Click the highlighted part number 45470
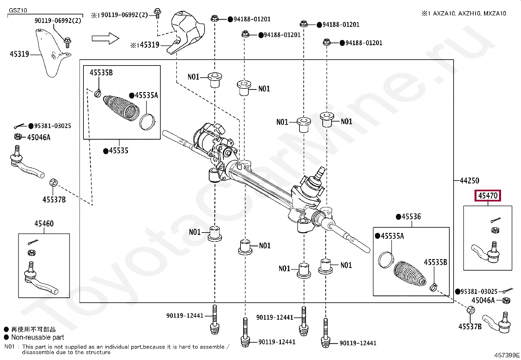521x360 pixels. coord(488,196)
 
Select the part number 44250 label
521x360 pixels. coord(469,180)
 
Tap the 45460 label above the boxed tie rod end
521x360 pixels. coord(44,224)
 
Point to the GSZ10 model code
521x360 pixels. coord(18,10)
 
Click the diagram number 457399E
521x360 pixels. coord(507,355)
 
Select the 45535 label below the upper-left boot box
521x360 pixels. coord(118,151)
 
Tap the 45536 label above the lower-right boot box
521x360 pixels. coord(411,217)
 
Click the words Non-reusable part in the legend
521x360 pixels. coord(38,337)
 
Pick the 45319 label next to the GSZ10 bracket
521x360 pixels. coord(19,54)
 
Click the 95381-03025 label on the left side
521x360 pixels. coord(52,126)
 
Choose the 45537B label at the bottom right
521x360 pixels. coord(470,327)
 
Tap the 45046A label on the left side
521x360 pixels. coord(39,138)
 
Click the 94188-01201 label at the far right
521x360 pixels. coord(364,43)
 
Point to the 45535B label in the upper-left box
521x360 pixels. coord(101,73)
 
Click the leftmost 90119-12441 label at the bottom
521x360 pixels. coord(185,316)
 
